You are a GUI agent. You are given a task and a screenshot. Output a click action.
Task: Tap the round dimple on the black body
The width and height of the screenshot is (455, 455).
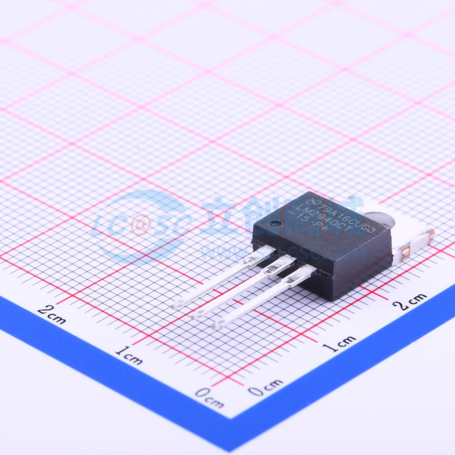click(x=274, y=223)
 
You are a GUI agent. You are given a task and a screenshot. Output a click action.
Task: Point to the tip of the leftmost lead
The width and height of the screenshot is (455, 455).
click(x=177, y=305)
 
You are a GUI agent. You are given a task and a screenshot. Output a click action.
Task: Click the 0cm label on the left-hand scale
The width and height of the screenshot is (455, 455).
click(x=209, y=396)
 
